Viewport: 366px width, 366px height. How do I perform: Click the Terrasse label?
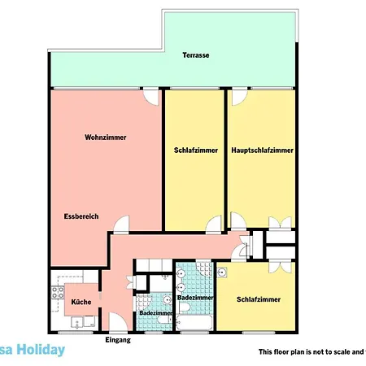click(195, 55)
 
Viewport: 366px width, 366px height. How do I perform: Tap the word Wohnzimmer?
click(106, 138)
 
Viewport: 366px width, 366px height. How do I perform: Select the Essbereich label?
click(81, 216)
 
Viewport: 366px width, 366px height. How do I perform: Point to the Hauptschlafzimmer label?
click(263, 150)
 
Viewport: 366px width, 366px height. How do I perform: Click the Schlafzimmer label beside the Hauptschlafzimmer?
click(196, 150)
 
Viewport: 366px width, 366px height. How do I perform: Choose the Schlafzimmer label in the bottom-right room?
click(259, 299)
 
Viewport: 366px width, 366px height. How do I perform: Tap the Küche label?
click(81, 302)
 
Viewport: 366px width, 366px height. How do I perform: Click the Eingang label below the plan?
click(118, 340)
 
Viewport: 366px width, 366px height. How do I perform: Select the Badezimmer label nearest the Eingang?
click(155, 313)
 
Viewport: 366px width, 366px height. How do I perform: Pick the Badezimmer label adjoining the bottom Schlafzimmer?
click(195, 298)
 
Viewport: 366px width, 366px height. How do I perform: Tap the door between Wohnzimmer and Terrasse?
click(150, 96)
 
